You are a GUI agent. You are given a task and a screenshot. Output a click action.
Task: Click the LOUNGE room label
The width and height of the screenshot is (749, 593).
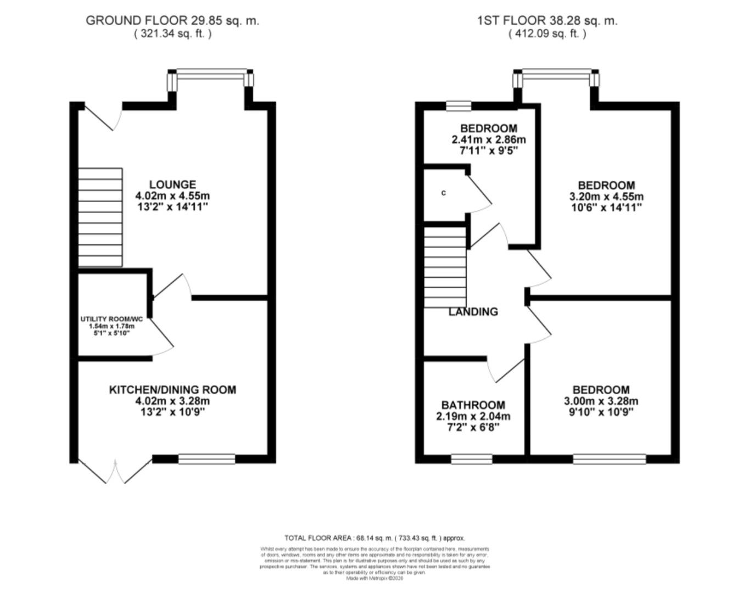click(x=172, y=184)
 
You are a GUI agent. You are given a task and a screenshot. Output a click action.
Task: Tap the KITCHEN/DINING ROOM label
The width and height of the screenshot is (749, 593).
click(x=172, y=390)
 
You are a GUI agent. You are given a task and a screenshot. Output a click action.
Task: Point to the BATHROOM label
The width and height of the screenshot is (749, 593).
click(x=473, y=405)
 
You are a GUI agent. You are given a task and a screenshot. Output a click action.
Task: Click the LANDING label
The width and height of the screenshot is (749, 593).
click(x=473, y=312)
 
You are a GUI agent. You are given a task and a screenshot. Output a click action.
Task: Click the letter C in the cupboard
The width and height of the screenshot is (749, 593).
click(x=444, y=193)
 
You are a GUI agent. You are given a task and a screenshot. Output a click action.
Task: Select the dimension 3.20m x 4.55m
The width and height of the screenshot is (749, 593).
click(x=606, y=197)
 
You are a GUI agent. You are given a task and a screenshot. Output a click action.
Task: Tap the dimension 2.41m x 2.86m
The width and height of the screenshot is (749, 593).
click(x=488, y=139)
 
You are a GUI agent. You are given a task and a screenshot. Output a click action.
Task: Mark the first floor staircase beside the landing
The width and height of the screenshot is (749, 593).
click(x=445, y=268)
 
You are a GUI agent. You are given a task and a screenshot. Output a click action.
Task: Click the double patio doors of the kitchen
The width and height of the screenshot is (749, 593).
click(x=115, y=472)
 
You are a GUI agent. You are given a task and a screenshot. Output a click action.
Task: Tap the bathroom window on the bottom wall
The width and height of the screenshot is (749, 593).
click(x=472, y=459)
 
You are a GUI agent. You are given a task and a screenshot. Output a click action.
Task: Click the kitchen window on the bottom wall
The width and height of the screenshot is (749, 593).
click(x=207, y=459)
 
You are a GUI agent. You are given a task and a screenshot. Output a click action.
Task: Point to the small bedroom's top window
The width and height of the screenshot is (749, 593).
click(x=459, y=105)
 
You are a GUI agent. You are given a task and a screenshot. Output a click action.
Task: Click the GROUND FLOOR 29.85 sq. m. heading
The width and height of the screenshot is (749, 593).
click(x=172, y=21)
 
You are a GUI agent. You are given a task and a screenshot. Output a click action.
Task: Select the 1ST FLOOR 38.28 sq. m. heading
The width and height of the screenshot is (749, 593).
click(x=547, y=21)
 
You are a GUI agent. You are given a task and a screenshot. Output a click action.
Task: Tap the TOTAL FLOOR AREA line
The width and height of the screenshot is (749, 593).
click(x=374, y=538)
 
